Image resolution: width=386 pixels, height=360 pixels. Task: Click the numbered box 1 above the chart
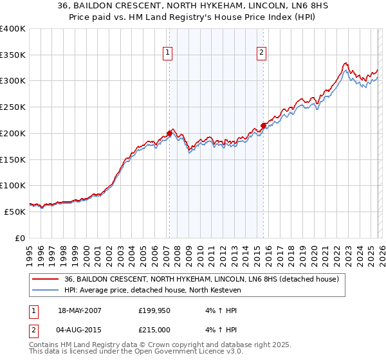coord(168,53)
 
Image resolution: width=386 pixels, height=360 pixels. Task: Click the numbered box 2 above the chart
coord(262,53)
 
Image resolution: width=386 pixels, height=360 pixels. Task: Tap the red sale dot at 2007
coord(170,133)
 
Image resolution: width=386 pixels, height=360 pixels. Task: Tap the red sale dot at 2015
coord(263,125)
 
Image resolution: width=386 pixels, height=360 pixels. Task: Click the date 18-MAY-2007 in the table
coord(79,310)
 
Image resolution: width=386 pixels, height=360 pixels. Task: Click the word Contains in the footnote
coord(45,345)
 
